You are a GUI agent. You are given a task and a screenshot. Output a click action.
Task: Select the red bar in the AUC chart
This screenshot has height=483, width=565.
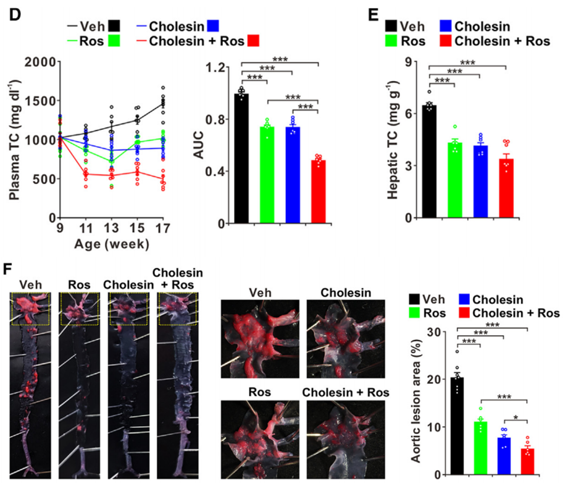[x=319, y=191]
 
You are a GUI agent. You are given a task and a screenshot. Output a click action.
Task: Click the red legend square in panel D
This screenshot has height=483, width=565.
[x=253, y=41]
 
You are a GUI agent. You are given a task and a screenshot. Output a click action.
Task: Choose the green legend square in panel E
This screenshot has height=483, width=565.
[x=391, y=41]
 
